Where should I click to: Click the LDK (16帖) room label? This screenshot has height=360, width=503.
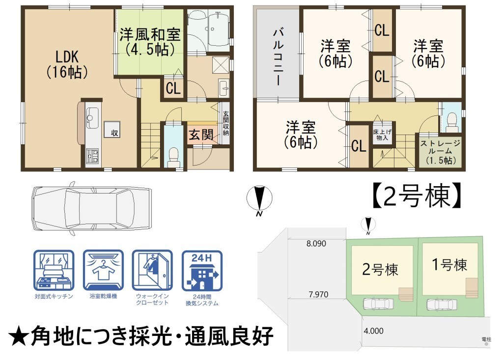[67, 64]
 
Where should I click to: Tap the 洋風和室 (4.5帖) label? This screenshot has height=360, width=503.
[150, 42]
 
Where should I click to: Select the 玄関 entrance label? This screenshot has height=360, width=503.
[201, 135]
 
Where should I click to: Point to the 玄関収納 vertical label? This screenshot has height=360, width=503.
[226, 123]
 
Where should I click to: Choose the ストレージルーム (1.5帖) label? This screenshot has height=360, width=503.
[441, 152]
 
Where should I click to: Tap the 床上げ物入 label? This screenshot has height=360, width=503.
[382, 135]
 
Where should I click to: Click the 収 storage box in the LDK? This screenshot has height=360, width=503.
[112, 130]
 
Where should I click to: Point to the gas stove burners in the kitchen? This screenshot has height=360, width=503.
[93, 156]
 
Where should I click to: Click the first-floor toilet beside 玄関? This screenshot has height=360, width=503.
[173, 156]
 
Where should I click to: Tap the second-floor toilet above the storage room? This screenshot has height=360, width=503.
[452, 122]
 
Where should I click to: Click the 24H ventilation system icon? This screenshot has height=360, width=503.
[202, 272]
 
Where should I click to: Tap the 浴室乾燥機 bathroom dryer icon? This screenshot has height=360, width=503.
[103, 271]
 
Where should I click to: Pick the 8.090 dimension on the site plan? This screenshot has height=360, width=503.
[316, 244]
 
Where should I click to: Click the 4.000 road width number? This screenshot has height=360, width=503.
[374, 331]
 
